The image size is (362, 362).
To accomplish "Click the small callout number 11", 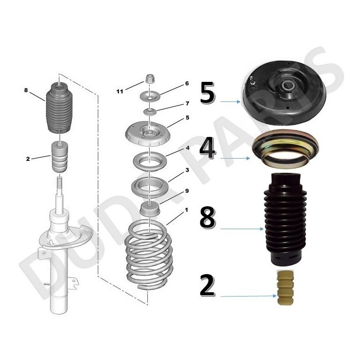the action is (120, 92).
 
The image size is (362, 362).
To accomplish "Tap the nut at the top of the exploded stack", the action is (150, 79).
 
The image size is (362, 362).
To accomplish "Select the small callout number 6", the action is (187, 83).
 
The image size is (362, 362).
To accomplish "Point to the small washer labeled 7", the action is (150, 112).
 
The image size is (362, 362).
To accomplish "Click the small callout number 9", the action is (187, 191).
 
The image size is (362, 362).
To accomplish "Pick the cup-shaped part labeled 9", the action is (150, 209).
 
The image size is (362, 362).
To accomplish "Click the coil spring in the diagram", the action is (148, 254).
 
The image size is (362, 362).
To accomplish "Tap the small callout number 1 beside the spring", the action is (186, 210).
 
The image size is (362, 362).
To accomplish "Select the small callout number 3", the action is (187, 170).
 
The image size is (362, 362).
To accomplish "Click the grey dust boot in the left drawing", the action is (59, 108).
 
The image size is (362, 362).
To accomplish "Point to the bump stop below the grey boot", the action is (59, 157).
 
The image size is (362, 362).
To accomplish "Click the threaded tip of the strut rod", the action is (59, 181).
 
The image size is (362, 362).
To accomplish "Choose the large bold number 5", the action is (207, 93).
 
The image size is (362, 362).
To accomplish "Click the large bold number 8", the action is (208, 217).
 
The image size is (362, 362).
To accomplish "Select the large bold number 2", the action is (207, 286).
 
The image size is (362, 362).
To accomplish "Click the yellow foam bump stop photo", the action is (285, 288).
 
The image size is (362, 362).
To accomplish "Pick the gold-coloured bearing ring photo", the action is (286, 149).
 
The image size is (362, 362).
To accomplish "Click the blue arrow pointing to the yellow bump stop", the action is (248, 296).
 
